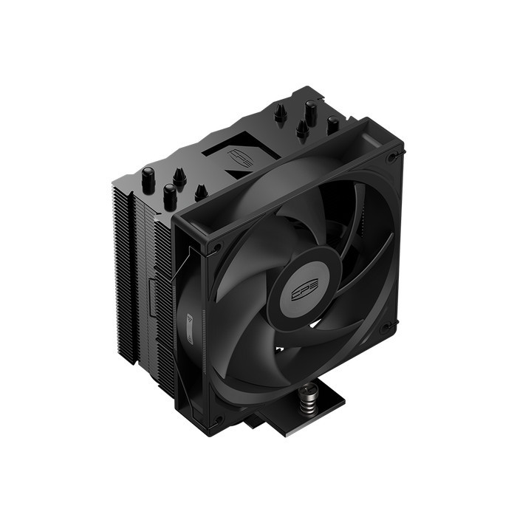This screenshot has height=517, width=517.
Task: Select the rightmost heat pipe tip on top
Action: coord(332,125)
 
